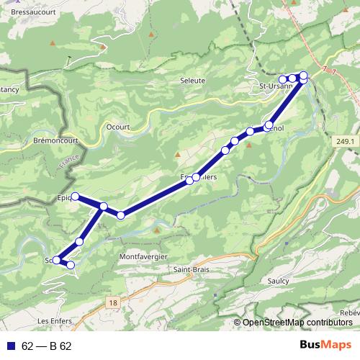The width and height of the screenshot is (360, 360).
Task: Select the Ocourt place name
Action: [117, 126]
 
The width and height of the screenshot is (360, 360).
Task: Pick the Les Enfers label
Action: [53, 320]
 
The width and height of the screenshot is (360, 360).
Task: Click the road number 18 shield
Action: [113, 303]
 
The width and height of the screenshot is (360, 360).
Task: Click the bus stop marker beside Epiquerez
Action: [74, 197]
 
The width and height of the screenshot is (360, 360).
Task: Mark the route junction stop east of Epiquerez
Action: [104, 207]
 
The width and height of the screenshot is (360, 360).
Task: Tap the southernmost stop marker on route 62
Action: [71, 266]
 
